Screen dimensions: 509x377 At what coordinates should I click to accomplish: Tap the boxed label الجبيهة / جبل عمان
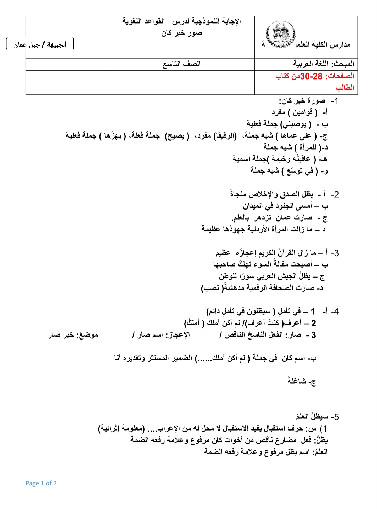[x=40, y=44]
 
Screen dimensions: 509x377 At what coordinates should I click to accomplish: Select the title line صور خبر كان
[x=181, y=33]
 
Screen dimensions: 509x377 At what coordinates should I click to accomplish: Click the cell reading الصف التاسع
[x=181, y=64]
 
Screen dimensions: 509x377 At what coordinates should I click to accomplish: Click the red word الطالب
[x=345, y=88]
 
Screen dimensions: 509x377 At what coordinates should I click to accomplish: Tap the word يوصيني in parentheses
[x=295, y=124]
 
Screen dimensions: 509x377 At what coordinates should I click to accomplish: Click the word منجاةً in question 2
[x=238, y=194]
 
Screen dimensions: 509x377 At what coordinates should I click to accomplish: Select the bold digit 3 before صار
[x=313, y=335]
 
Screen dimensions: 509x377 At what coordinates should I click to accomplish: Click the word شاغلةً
[x=297, y=381]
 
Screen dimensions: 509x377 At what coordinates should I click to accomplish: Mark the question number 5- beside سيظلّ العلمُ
[x=335, y=417]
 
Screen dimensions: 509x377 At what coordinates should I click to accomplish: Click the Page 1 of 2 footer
[x=41, y=483]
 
